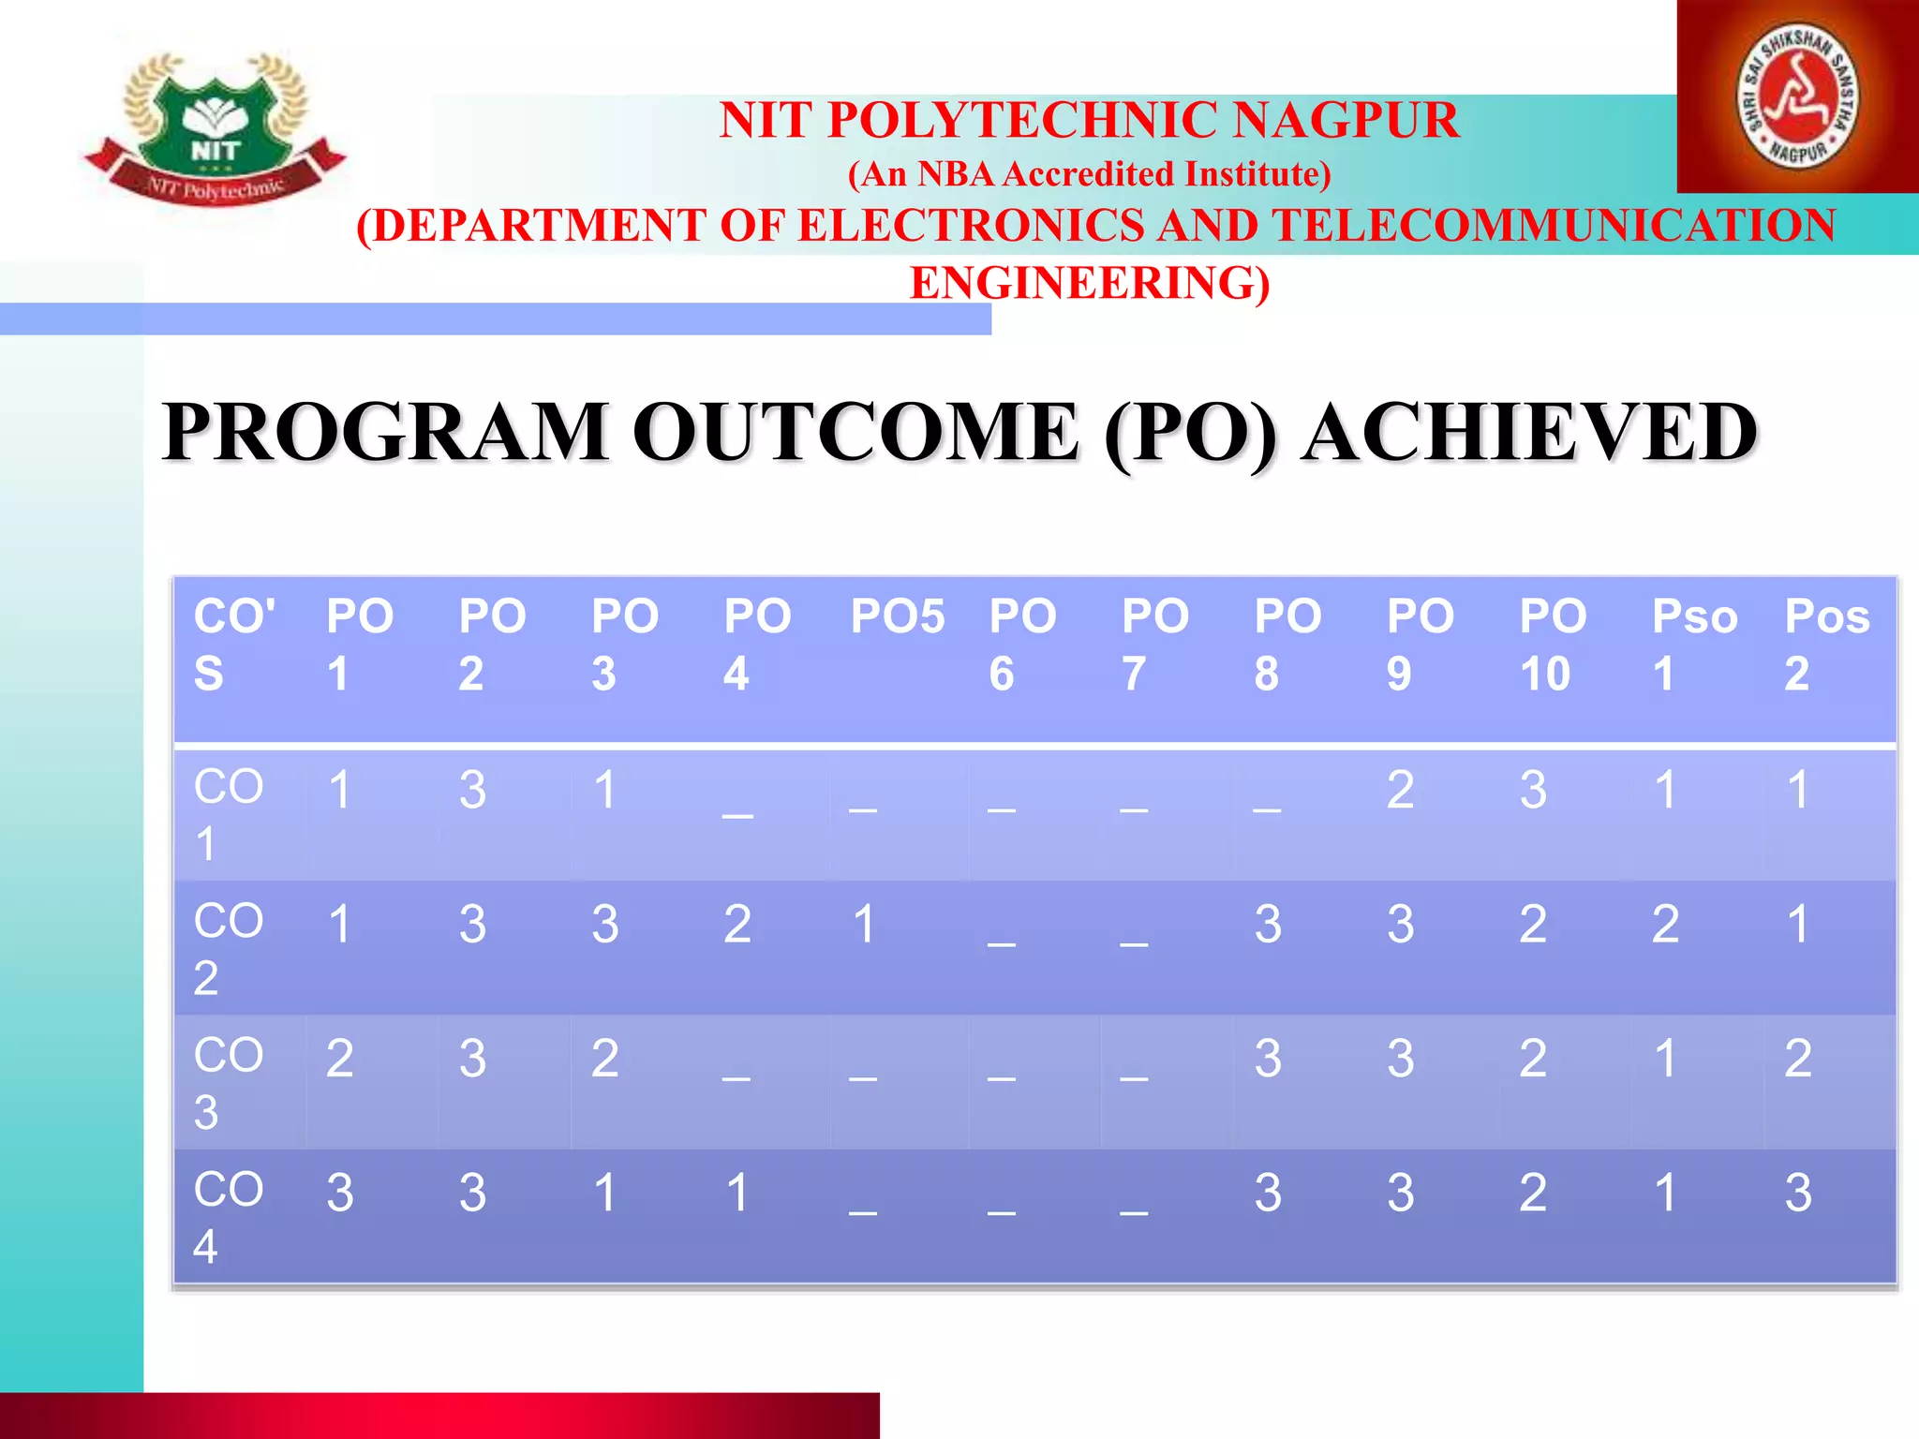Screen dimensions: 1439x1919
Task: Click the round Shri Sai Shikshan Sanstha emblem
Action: tap(1798, 96)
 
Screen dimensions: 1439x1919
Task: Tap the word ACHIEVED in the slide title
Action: tap(1529, 432)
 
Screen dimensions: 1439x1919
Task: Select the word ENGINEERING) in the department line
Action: tap(1090, 283)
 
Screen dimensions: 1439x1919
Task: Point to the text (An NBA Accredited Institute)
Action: tap(1089, 174)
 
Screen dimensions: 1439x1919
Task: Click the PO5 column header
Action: tap(898, 617)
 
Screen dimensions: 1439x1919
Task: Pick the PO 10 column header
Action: tap(1552, 645)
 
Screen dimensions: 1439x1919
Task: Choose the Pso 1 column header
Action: tap(1692, 645)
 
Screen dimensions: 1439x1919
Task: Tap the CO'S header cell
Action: tap(233, 645)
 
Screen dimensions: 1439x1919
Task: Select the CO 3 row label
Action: tap(228, 1083)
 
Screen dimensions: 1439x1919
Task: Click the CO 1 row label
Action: tap(228, 814)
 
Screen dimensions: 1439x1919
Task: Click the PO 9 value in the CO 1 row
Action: tap(1400, 790)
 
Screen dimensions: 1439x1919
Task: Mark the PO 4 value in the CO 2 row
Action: tap(737, 925)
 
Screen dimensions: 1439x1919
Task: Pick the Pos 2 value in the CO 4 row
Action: tap(1797, 1194)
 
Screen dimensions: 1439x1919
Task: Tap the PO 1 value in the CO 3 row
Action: tap(339, 1059)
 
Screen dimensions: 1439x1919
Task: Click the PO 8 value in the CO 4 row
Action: tap(1268, 1194)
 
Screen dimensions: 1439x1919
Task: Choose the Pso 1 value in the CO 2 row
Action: tap(1665, 925)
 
